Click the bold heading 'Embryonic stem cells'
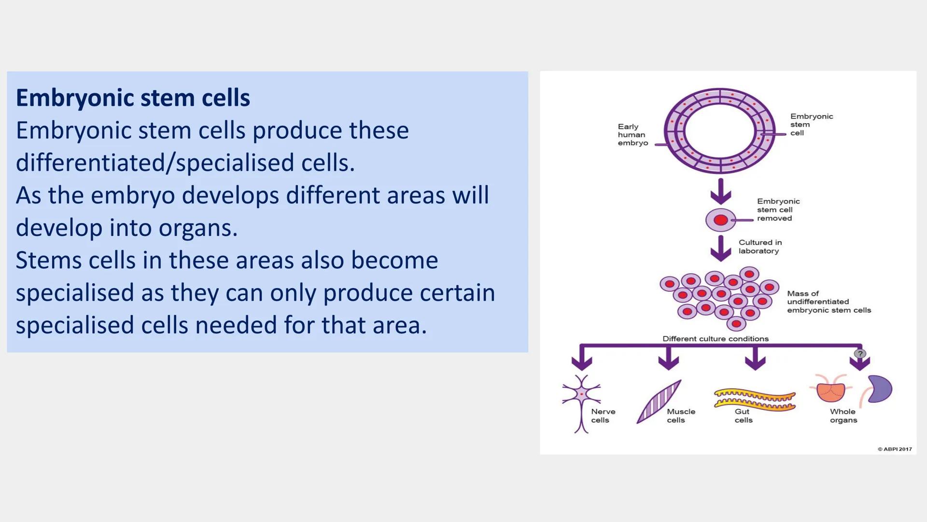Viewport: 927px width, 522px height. [133, 98]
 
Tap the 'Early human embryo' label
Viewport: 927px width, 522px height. [632, 135]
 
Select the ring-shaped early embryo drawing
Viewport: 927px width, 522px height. [719, 130]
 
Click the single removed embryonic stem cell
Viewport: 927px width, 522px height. [720, 220]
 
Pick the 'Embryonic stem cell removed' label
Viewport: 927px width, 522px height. [778, 210]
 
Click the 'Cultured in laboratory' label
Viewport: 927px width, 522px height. [760, 246]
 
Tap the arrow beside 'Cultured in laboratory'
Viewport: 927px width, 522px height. [720, 248]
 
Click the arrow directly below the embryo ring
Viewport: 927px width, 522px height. [720, 191]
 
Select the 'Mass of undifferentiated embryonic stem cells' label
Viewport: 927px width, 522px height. [829, 302]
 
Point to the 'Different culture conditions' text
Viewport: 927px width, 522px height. [715, 339]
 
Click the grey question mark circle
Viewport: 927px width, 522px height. [859, 354]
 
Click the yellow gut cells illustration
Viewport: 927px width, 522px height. [754, 400]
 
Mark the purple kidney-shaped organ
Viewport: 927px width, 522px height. [880, 389]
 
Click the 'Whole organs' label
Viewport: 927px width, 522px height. [843, 416]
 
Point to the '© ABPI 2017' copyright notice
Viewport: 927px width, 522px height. [894, 449]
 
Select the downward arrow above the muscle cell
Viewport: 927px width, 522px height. [668, 360]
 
